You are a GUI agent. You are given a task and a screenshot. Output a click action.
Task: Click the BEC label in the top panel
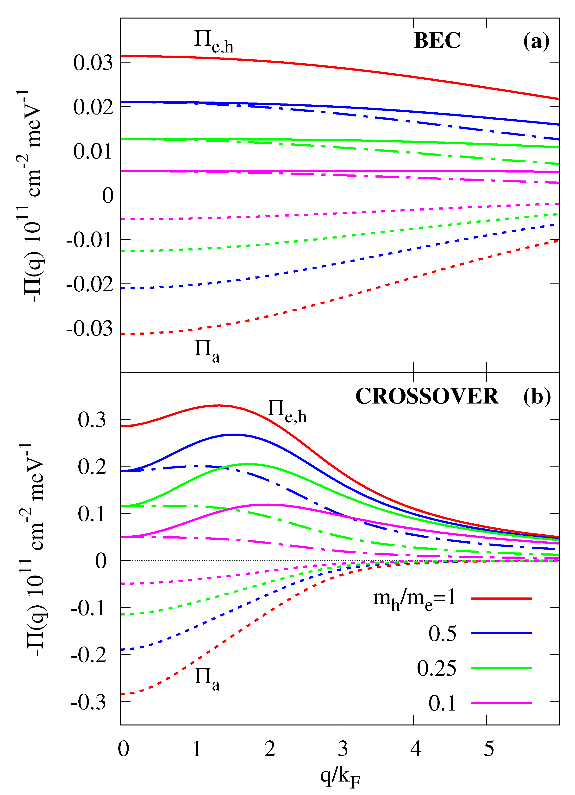(x=437, y=41)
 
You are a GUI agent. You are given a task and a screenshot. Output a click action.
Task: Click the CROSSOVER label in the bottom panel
(x=426, y=397)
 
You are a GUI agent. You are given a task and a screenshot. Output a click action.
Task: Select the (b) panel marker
(x=537, y=397)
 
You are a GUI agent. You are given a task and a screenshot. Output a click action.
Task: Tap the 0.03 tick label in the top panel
(x=93, y=63)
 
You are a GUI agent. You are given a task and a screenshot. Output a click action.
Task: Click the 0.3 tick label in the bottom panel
(x=92, y=420)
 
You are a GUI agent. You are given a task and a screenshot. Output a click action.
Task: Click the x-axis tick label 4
(x=416, y=749)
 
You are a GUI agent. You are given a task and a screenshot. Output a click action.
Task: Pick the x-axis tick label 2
(x=270, y=749)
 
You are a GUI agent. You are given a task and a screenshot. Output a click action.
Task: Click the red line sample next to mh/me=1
(x=501, y=599)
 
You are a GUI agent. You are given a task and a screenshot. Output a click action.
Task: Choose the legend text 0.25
(x=436, y=668)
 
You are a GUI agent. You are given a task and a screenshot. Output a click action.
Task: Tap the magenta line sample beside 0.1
(x=501, y=703)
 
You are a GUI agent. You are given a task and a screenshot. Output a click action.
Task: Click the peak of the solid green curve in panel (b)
(x=247, y=464)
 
